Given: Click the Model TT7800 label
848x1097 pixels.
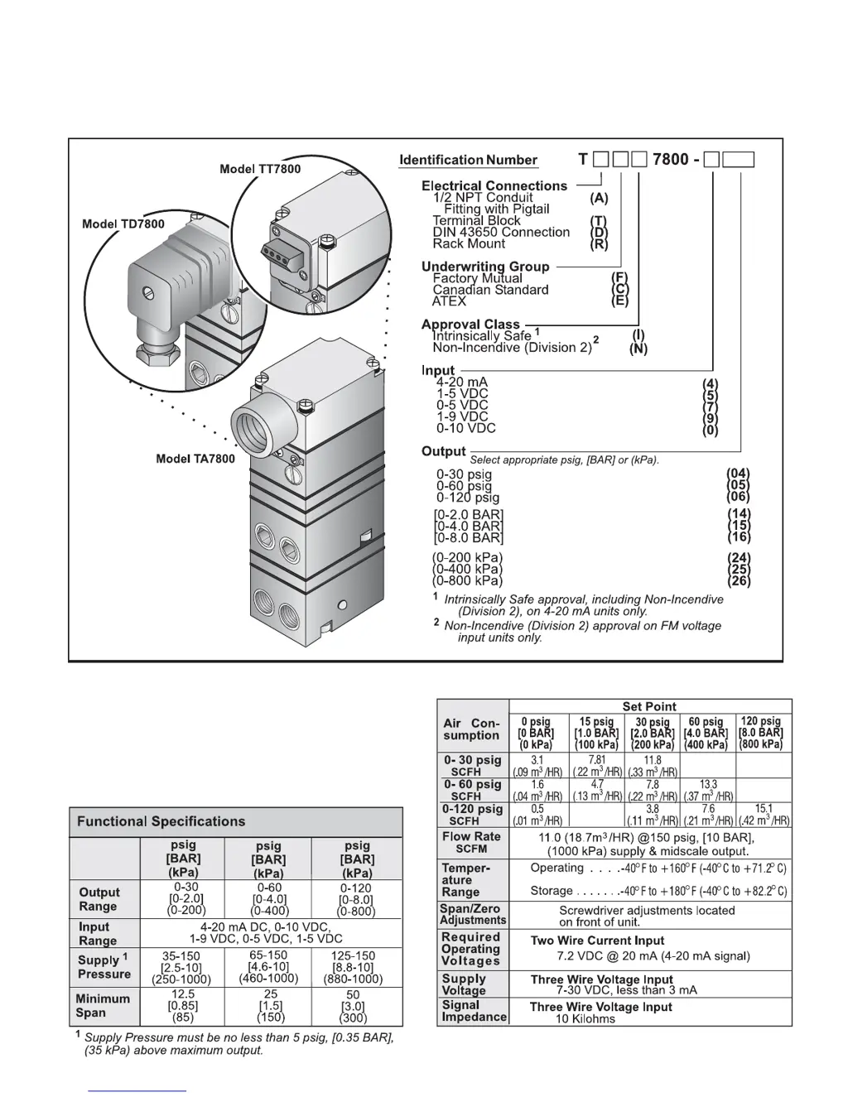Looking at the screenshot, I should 260,169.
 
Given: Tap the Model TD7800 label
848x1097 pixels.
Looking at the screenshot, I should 123,224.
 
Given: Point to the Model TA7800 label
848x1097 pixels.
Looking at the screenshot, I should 195,459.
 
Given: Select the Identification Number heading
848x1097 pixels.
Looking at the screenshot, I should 468,160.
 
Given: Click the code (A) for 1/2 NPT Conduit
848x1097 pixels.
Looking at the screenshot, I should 599,198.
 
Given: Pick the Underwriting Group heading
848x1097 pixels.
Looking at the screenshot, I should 485,267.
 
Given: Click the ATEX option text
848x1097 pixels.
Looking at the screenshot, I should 449,301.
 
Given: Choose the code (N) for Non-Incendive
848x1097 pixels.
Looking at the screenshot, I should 638,349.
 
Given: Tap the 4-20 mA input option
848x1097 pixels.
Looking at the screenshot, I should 462,383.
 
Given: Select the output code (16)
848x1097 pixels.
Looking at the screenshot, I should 739,537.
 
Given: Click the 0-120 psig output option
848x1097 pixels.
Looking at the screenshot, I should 468,498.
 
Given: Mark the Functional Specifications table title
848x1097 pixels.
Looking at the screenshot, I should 161,821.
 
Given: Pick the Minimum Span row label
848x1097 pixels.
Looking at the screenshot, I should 103,1005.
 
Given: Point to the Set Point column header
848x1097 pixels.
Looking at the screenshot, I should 649,706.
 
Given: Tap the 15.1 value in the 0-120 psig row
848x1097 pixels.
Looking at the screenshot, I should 764,808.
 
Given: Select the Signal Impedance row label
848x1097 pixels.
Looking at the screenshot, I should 473,1011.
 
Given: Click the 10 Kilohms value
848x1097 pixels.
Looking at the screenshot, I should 585,1018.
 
